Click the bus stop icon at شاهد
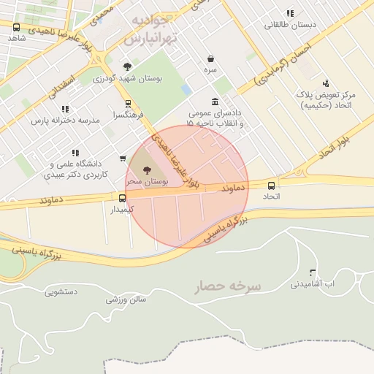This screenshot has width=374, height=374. pos(17,28)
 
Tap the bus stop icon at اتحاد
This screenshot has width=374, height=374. pos(272,186)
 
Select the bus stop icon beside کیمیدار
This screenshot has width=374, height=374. pos(122,197)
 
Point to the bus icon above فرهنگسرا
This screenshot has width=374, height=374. pos(128,104)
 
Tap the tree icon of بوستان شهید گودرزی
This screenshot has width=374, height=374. pos(108,66)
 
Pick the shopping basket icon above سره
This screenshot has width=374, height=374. pos(210,58)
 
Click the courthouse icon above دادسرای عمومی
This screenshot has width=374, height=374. pos(214,102)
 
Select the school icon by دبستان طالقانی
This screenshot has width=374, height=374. pos(290,13)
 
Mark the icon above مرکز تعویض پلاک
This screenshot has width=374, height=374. pos(326,83)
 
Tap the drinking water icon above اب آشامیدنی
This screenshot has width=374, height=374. pos(313,272)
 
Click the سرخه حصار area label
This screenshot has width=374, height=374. pos(228,286)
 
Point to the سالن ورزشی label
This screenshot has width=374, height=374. pos(126,299)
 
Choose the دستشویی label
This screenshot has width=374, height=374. pos(61,291)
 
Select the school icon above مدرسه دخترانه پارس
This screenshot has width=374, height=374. pos(66,109)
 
